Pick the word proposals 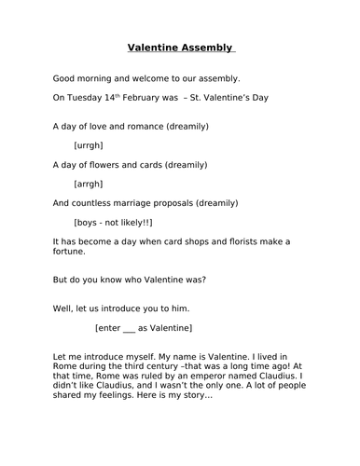186,202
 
